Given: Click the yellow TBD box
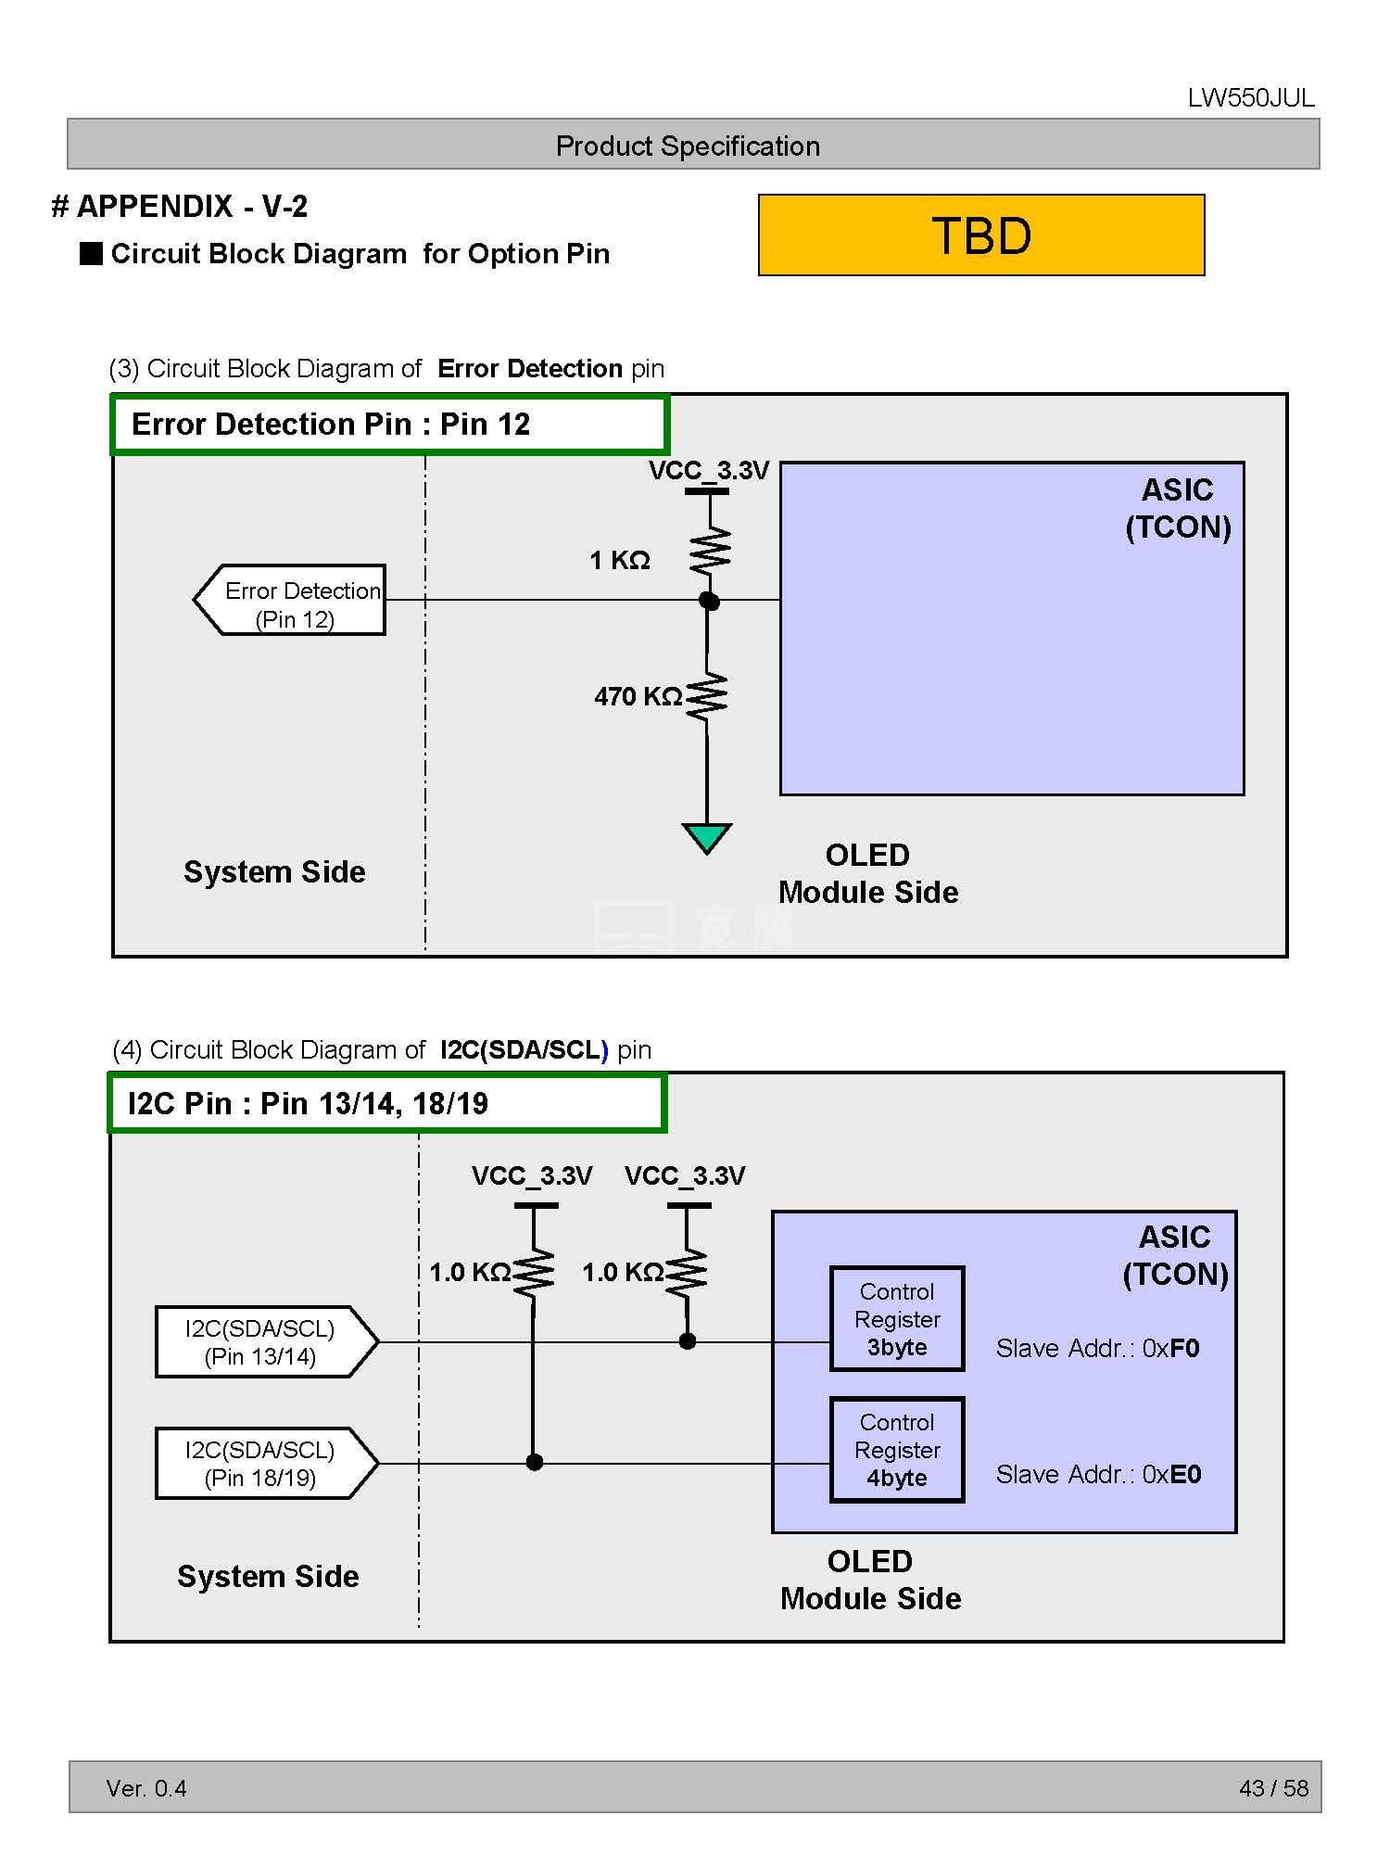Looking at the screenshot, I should tap(980, 235).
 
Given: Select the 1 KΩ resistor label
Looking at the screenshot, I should tap(620, 560).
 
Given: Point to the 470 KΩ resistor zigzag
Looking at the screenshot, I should tap(707, 695).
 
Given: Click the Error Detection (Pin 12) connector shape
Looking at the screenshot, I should tap(290, 600).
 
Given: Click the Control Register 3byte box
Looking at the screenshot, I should tap(896, 1318).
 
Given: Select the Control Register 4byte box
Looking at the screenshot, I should tap(896, 1449).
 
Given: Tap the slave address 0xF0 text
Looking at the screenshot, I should tap(1097, 1348).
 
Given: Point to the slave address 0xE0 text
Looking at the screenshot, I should tap(1098, 1474).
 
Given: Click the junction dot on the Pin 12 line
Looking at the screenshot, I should tap(709, 601).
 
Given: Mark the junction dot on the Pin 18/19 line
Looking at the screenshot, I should tap(534, 1463).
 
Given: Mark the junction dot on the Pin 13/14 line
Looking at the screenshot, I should tap(688, 1340).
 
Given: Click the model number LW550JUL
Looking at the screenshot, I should tap(1250, 98).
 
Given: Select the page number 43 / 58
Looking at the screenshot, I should tap(1273, 1788).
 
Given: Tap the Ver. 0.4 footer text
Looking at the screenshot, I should tap(146, 1788).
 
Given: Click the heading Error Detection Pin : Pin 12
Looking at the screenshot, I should tap(331, 425).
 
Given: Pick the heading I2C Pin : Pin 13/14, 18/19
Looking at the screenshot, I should tap(308, 1103).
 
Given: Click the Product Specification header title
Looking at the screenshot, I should tap(688, 146).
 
